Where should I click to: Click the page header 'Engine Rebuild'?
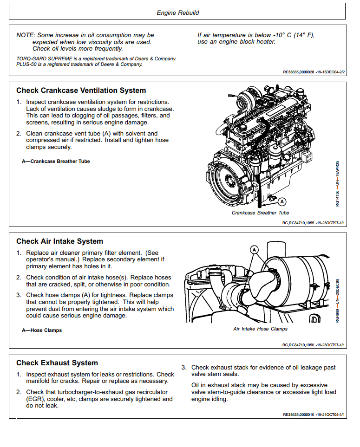(x=178, y=13)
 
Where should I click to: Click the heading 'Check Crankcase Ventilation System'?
(x=81, y=91)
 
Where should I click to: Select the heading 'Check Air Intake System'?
(x=59, y=241)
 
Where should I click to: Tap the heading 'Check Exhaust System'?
(x=57, y=363)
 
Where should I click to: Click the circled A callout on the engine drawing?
(x=281, y=201)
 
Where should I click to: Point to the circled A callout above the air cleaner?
(x=254, y=250)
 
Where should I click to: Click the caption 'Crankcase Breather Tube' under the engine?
(x=260, y=213)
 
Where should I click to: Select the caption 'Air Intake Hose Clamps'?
(x=260, y=329)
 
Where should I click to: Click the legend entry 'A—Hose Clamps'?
(x=42, y=330)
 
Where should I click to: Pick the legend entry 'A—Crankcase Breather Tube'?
(x=56, y=161)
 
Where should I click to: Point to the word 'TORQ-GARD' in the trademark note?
(x=29, y=59)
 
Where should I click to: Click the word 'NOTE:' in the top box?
(x=25, y=35)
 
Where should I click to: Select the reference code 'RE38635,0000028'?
(x=299, y=72)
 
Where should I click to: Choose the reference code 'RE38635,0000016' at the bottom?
(x=299, y=414)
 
